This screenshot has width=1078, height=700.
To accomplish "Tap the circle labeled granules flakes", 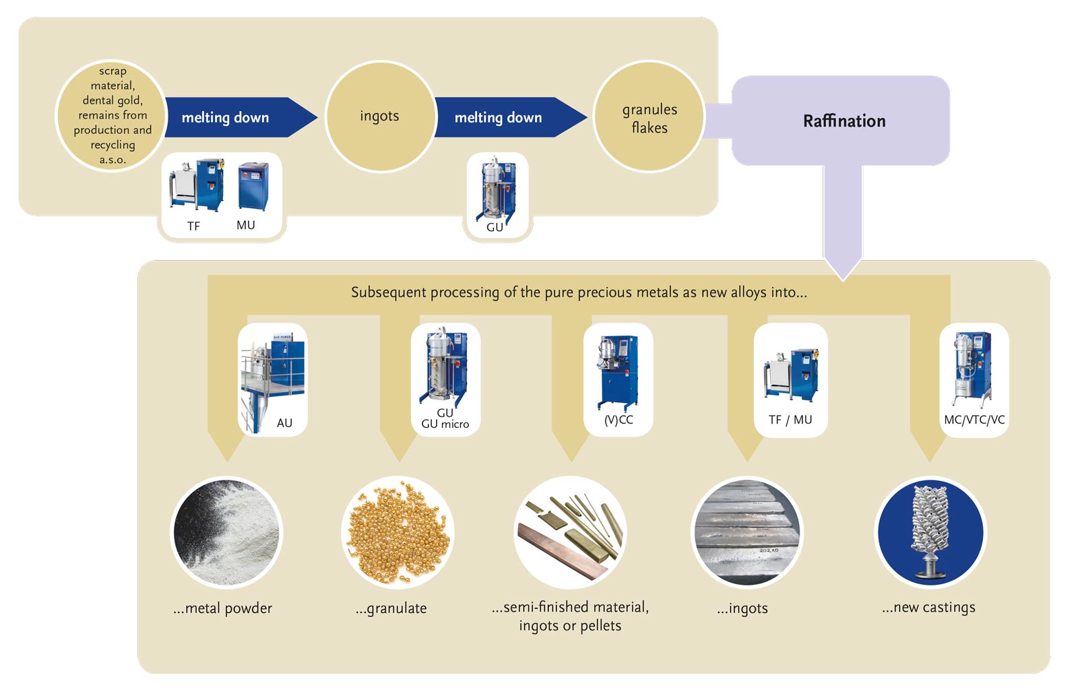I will point(649,118).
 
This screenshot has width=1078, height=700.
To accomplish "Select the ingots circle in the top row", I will point(379,116).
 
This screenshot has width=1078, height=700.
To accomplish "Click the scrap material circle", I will point(112,115).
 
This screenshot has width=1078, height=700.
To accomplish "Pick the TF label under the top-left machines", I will point(193,226).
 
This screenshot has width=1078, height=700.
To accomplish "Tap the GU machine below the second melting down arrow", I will point(497,188).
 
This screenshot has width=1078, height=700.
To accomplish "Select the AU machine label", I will point(284,423).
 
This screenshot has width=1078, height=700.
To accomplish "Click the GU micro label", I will point(445,424).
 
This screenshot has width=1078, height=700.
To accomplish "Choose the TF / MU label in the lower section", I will point(790,420).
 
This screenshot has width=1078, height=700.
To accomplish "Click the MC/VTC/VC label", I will point(974,420).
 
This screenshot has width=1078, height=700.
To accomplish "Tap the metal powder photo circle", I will point(226,532).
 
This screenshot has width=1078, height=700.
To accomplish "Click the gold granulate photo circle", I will point(398,532).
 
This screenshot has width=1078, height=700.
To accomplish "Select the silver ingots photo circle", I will point(747,532).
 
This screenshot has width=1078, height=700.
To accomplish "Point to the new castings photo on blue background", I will point(930,532).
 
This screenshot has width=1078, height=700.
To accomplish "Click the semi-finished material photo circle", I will point(571,532).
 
